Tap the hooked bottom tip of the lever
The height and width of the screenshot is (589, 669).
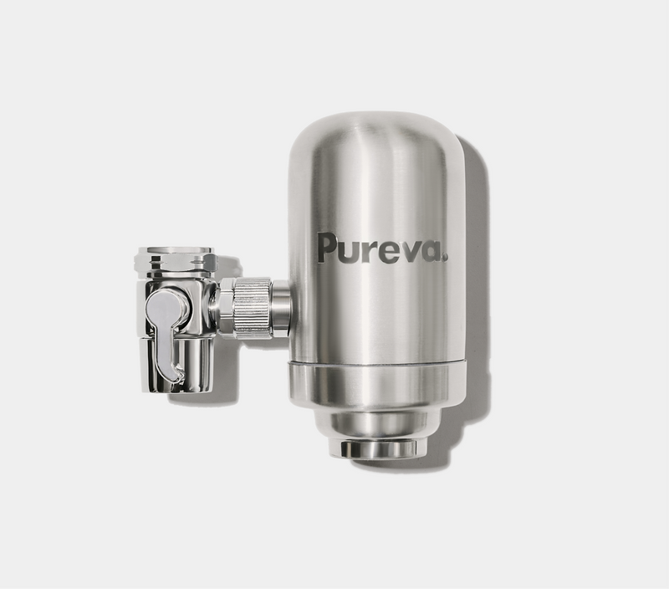tap(178, 372)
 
